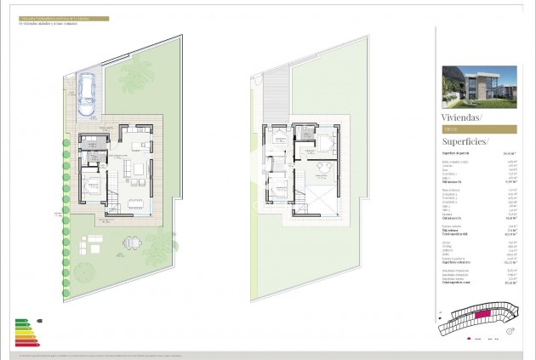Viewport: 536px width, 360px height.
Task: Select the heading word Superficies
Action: pyautogui.click(x=464, y=141)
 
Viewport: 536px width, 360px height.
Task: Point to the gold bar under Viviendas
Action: pyautogui.click(x=478, y=129)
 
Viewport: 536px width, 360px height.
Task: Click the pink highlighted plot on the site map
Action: pyautogui.click(x=482, y=316)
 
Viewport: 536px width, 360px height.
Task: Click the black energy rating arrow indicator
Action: pyautogui.click(x=40, y=321)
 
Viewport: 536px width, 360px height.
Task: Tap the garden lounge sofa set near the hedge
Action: pyautogui.click(x=91, y=247)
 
